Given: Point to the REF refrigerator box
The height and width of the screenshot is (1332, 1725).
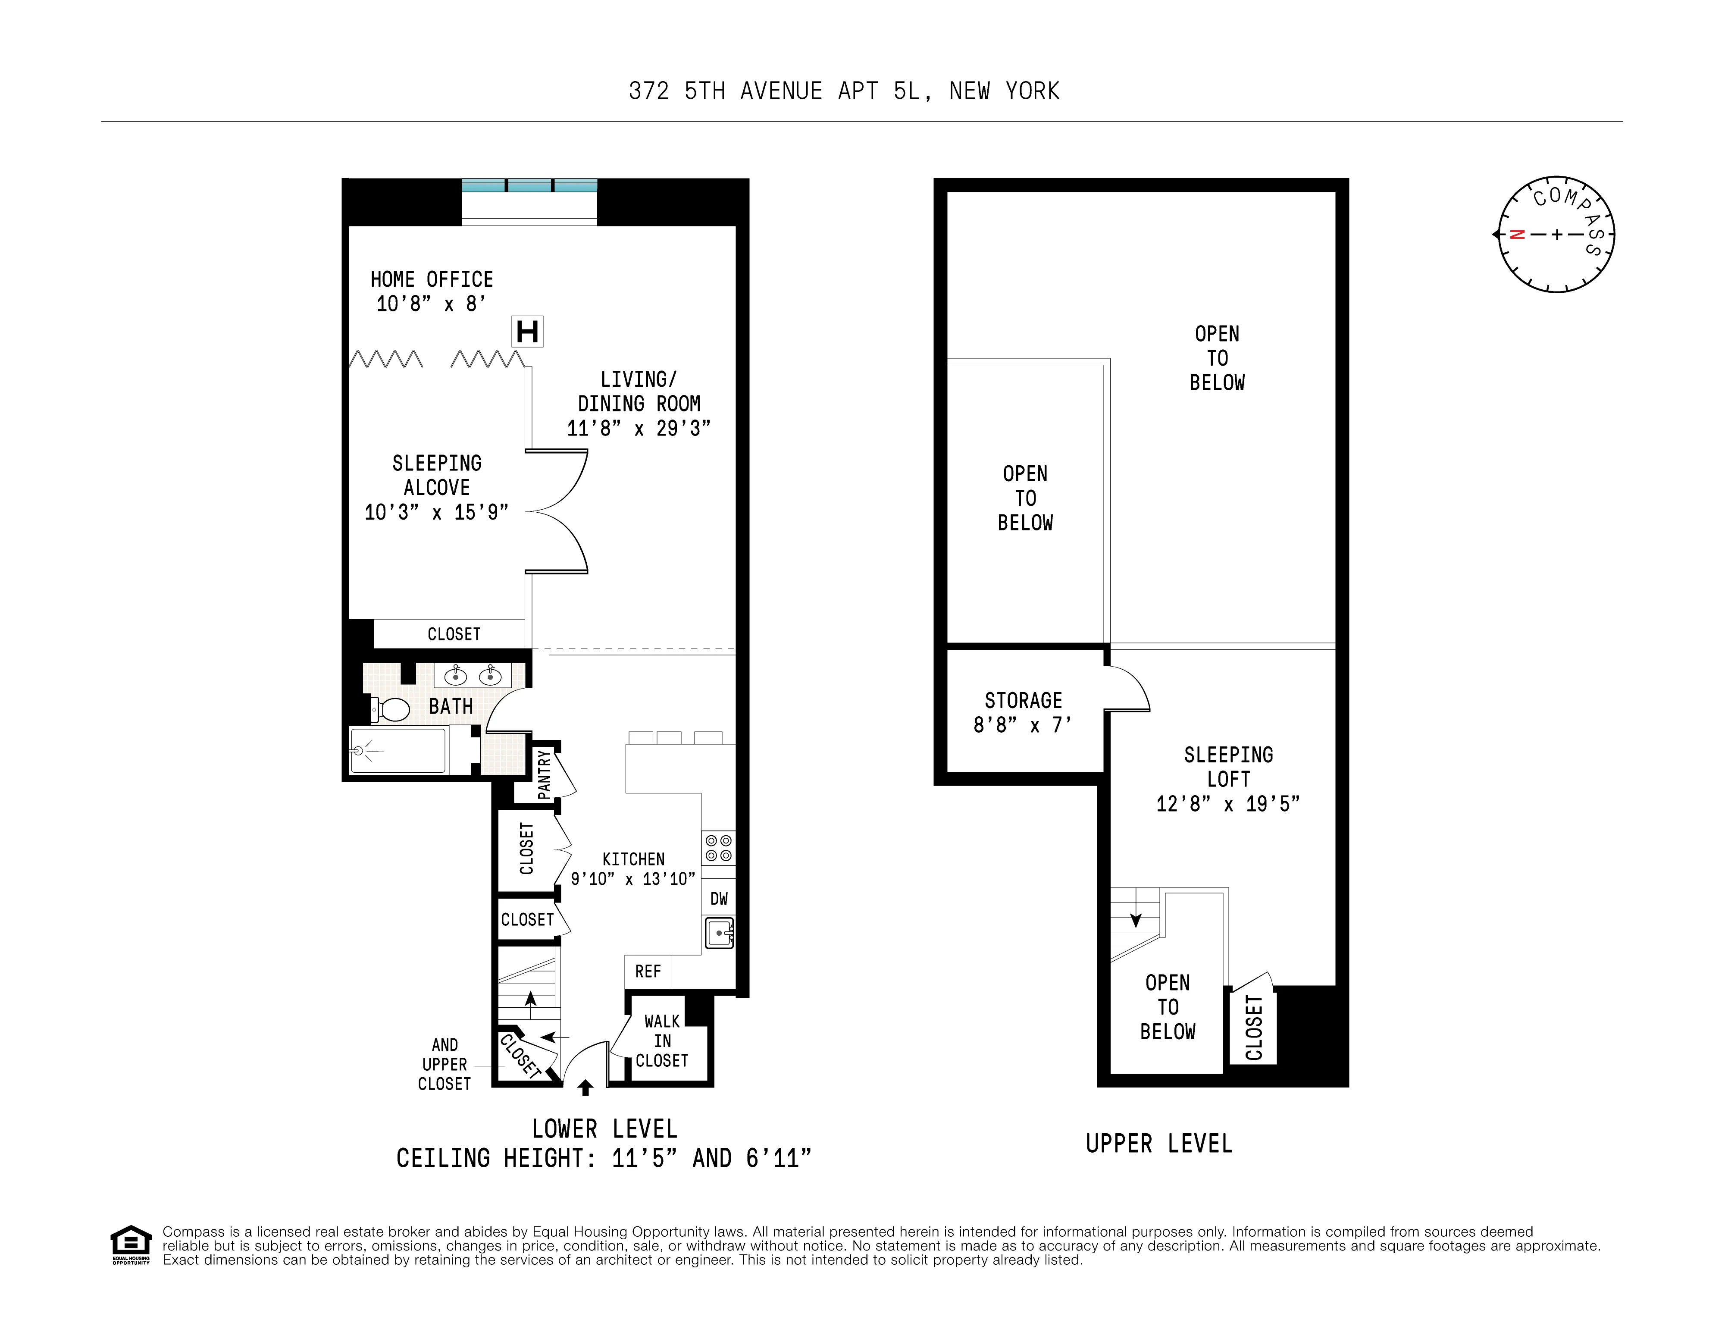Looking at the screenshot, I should pos(648,972).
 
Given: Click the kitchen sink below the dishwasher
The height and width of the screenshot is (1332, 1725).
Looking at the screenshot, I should pos(719,933).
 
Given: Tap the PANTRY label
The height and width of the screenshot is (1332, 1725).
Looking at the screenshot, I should pos(544,774).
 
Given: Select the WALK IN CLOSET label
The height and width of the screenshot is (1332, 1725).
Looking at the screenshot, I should pos(662,1041).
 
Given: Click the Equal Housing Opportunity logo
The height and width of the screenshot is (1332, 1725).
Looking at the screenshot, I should pos(130,1244).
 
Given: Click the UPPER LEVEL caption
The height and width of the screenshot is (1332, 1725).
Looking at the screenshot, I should pos(1158,1143).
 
